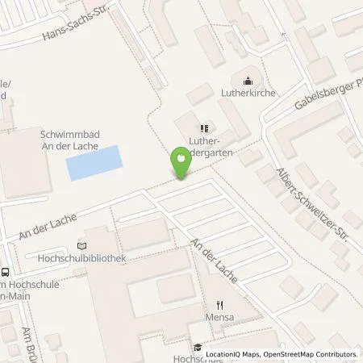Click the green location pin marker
click(181, 165)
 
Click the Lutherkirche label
click(248, 93)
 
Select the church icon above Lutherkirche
click(248, 80)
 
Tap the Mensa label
click(220, 317)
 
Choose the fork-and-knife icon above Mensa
click(220, 305)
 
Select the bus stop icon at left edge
click(6, 273)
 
